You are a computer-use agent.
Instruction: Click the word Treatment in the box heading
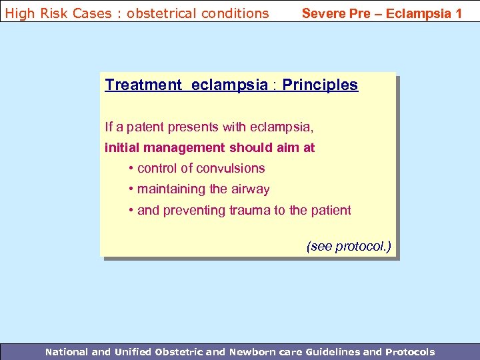tap(143, 85)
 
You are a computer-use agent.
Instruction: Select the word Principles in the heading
tap(320, 85)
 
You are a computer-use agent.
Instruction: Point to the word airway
tap(250, 189)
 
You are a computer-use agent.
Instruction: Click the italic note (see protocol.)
tap(349, 246)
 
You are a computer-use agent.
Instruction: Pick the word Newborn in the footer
tap(253, 351)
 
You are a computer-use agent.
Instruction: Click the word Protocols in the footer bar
tap(408, 351)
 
